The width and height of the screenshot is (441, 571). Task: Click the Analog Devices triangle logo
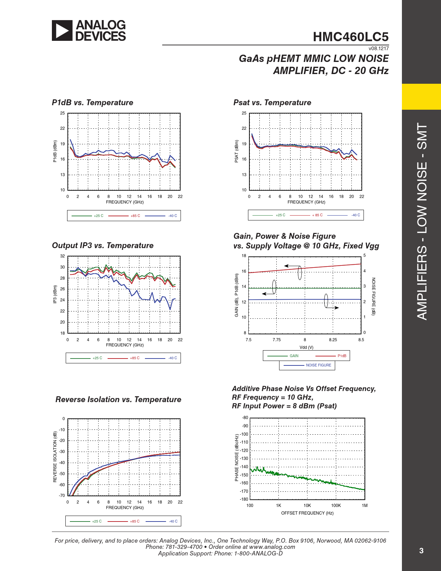tap(62, 30)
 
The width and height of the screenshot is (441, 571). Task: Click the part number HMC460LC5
tap(350, 37)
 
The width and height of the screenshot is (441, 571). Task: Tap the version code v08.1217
tap(378, 49)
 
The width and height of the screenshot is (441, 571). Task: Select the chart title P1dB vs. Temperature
tap(92, 103)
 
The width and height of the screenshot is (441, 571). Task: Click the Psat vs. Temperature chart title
tap(272, 103)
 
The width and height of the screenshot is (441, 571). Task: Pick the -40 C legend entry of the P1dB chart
tap(173, 216)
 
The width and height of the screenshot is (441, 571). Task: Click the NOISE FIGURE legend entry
tap(318, 365)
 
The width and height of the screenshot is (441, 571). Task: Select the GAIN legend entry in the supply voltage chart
tap(294, 356)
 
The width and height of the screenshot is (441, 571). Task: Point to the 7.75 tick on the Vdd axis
tap(276, 340)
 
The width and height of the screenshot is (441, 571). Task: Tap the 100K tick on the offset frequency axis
tap(336, 506)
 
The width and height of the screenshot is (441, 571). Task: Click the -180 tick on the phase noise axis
tap(244, 499)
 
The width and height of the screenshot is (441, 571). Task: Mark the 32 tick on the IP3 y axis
tap(63, 256)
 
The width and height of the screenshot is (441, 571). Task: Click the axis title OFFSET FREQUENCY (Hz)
tap(307, 513)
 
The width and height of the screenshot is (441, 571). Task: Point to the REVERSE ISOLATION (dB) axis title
tap(55, 457)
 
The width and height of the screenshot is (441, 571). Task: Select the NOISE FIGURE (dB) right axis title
tap(373, 296)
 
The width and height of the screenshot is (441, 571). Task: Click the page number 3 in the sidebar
tap(421, 551)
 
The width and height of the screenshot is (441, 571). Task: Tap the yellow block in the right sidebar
tap(421, 97)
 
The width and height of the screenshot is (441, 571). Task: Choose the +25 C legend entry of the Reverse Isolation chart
tap(97, 522)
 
